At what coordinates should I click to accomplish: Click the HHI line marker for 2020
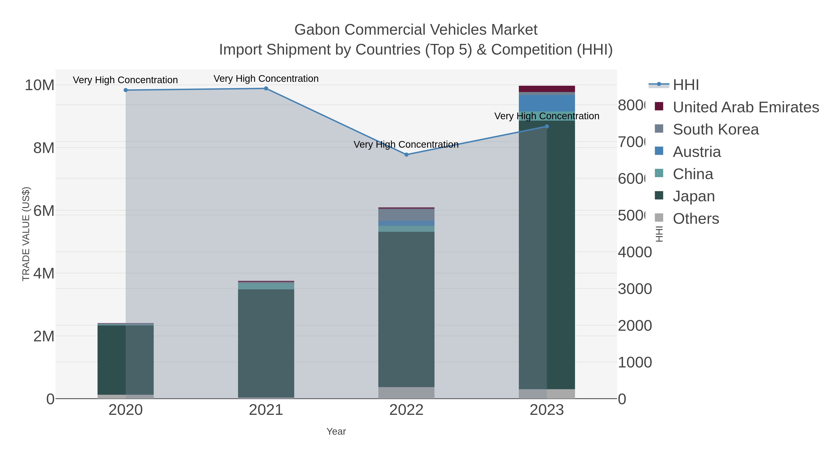(x=126, y=90)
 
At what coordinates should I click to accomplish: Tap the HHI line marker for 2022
(x=406, y=155)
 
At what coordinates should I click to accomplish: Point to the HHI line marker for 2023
(x=547, y=127)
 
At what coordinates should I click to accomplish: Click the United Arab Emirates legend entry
(x=745, y=107)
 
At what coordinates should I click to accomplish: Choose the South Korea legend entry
(x=715, y=129)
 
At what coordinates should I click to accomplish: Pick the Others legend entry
(x=696, y=219)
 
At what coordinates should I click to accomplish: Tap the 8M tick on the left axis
(x=44, y=148)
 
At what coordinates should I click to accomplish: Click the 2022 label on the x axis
(x=406, y=410)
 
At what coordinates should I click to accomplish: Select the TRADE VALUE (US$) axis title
(x=26, y=234)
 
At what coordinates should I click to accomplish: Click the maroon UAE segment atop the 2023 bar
(x=547, y=89)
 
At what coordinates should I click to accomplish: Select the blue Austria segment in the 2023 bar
(x=547, y=103)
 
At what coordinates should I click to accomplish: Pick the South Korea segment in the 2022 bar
(x=406, y=215)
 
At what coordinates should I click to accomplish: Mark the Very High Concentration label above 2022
(x=406, y=144)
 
